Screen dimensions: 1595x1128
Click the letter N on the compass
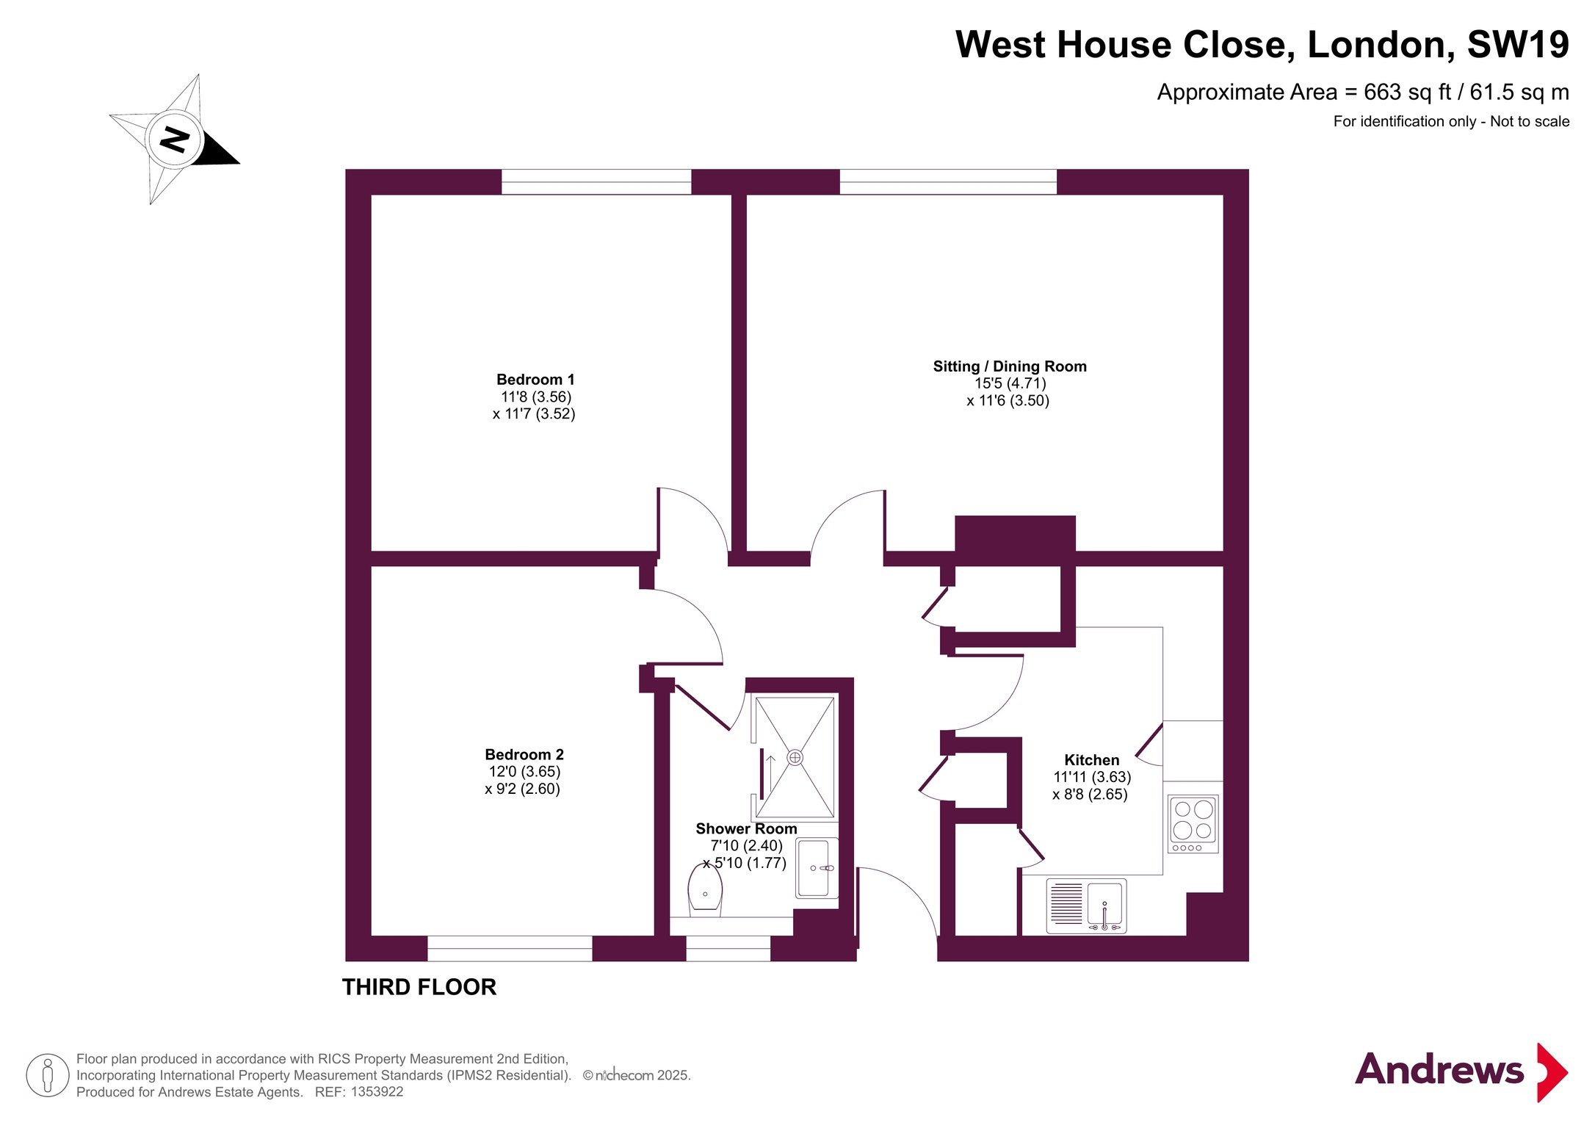174,139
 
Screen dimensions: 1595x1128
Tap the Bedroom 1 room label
535,380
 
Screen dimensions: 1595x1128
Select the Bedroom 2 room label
524,755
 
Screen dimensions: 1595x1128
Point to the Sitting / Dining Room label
1010,366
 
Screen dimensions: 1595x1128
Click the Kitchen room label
1092,760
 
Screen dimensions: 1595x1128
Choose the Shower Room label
746,829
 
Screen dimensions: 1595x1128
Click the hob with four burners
1193,824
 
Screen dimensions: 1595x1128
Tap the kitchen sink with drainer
1086,906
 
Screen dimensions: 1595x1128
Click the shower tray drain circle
795,757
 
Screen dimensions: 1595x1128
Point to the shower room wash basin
817,868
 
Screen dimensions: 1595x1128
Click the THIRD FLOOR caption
419,987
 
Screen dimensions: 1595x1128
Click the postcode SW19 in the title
1518,45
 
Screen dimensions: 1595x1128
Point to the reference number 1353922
377,1092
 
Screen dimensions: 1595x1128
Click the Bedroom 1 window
596,182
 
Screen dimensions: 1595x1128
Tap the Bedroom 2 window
510,949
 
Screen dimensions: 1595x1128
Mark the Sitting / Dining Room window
948,182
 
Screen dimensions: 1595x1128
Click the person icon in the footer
48,1075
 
